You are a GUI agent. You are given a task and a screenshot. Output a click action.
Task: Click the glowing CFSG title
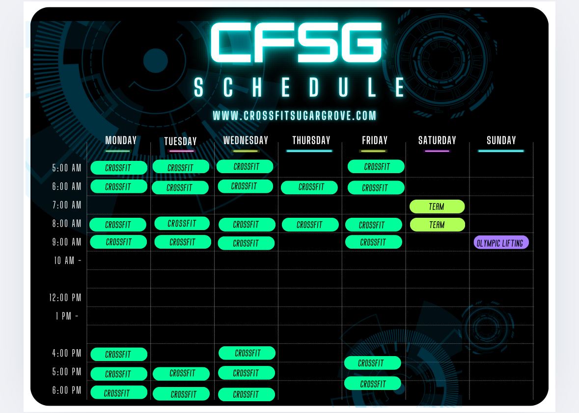296,42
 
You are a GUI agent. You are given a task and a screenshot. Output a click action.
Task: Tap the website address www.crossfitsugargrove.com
295,116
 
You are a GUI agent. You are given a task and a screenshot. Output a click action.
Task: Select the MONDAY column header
121,140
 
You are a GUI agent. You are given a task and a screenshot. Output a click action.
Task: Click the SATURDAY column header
437,140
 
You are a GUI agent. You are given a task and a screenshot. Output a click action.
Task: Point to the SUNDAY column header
501,140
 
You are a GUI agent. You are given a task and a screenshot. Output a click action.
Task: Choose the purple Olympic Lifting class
501,243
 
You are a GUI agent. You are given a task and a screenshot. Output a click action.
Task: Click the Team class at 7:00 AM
437,206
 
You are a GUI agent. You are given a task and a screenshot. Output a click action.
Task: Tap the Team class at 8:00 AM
437,225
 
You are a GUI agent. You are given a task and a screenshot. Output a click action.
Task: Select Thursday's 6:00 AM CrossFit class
309,187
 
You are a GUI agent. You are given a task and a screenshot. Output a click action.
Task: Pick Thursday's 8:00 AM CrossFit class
310,225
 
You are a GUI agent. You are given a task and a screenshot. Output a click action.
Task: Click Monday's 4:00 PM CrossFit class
119,354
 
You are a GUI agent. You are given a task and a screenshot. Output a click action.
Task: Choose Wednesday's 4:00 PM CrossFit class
247,353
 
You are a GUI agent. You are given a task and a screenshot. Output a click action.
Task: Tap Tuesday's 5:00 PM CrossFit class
181,374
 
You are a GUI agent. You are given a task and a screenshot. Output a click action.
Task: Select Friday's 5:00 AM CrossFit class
376,167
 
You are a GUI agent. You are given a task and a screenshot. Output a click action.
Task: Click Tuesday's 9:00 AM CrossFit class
183,242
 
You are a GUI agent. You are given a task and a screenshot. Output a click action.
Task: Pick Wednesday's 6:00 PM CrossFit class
247,394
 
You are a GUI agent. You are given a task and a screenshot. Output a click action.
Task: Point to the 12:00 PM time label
65,298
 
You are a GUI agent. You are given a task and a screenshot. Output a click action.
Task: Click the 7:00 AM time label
66,205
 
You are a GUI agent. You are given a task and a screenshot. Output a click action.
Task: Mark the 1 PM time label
66,316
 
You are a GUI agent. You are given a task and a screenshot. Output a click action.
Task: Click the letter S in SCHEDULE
199,87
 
